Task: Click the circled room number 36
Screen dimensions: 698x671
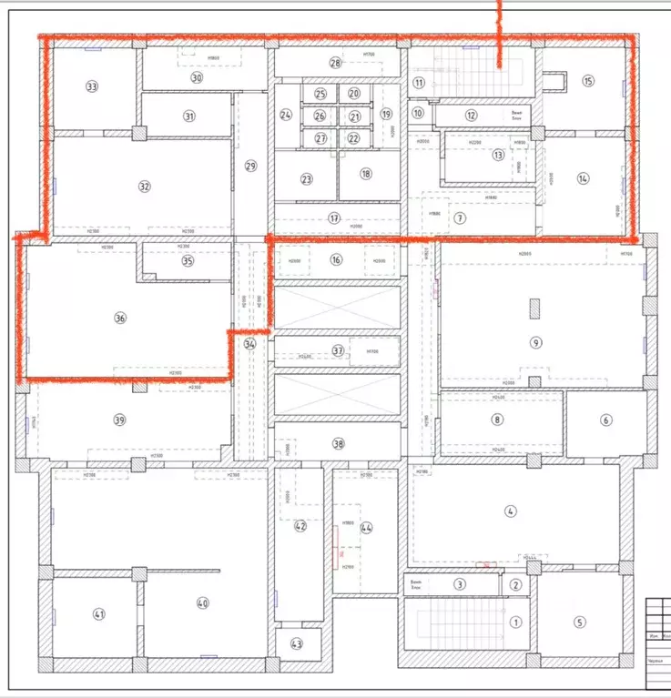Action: pyautogui.click(x=119, y=319)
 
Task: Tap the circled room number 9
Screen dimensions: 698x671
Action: pyautogui.click(x=536, y=342)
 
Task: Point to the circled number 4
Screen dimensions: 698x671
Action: pyautogui.click(x=511, y=512)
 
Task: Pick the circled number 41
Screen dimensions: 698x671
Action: pyautogui.click(x=99, y=614)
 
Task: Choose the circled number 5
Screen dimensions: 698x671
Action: pyautogui.click(x=579, y=622)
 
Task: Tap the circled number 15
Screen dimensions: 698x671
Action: pyautogui.click(x=587, y=81)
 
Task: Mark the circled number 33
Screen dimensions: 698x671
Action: pyautogui.click(x=91, y=86)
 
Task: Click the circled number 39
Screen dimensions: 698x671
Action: pyautogui.click(x=119, y=420)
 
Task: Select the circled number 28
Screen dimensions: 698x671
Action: pyautogui.click(x=335, y=63)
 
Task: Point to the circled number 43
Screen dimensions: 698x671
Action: pyautogui.click(x=297, y=643)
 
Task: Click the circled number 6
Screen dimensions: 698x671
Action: pyautogui.click(x=605, y=420)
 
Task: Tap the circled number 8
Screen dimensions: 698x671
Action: pyautogui.click(x=497, y=420)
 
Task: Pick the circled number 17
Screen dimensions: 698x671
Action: pyautogui.click(x=335, y=218)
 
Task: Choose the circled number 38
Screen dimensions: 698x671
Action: pyautogui.click(x=339, y=444)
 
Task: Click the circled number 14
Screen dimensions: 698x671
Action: pyautogui.click(x=584, y=178)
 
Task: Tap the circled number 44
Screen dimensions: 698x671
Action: pyautogui.click(x=366, y=528)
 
